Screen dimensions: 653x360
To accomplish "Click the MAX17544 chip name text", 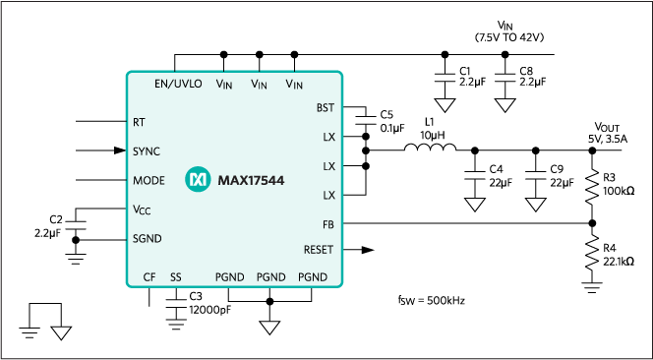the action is (x=251, y=181).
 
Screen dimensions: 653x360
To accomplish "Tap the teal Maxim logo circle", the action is (x=198, y=180).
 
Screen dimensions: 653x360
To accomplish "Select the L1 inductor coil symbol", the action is (x=430, y=147).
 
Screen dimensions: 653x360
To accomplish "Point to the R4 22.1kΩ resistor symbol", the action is (x=592, y=254).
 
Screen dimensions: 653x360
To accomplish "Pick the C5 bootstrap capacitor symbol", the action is (x=366, y=120).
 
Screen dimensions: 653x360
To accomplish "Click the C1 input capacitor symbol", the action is (x=445, y=79).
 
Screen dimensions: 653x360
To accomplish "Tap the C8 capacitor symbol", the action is (x=505, y=79).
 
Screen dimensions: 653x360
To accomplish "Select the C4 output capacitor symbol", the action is (x=475, y=174).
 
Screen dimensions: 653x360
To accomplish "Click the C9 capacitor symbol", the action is (x=536, y=174).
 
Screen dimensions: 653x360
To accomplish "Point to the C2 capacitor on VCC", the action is (x=76, y=225).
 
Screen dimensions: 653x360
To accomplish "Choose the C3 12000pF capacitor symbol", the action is (x=176, y=303).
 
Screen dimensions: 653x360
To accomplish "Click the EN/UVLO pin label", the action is (x=178, y=84).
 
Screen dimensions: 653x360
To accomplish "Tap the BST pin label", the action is (x=326, y=107).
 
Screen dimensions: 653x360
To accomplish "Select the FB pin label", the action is (x=328, y=224).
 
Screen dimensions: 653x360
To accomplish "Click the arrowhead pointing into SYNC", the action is (x=120, y=150).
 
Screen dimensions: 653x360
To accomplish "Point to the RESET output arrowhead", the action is (x=368, y=250).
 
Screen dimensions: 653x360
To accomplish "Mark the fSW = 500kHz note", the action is (x=431, y=300).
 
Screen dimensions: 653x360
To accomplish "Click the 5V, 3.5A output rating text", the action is (x=608, y=139).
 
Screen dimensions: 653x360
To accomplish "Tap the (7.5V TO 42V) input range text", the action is (x=509, y=37).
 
